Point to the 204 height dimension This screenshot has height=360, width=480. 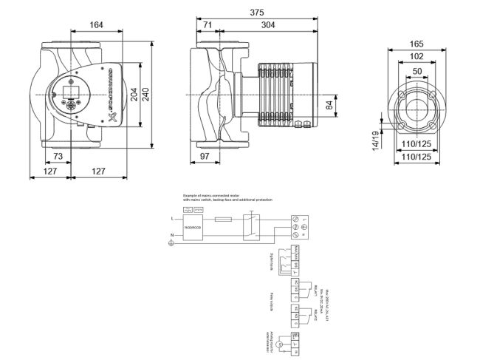134,95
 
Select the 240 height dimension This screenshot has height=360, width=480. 146,95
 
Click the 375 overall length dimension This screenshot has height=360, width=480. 256,13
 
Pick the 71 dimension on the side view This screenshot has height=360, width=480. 208,25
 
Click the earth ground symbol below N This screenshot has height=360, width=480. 173,245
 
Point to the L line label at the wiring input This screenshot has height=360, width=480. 172,219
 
